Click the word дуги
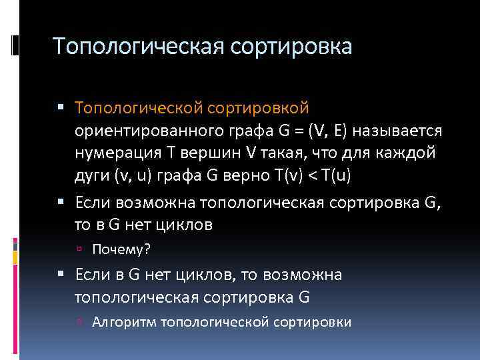(91, 176)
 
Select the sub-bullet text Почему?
(122, 249)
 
